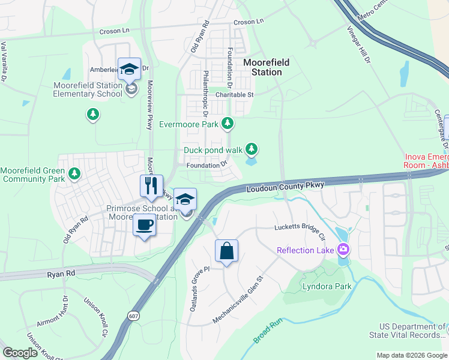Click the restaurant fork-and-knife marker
[151, 185]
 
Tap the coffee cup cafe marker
[143, 226]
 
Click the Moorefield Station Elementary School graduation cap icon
[130, 70]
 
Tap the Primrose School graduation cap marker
[186, 199]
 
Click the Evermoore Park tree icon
[227, 124]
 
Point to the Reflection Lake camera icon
[343, 249]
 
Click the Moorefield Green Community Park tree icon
[74, 174]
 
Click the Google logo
[20, 353]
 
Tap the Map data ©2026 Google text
[411, 355]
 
